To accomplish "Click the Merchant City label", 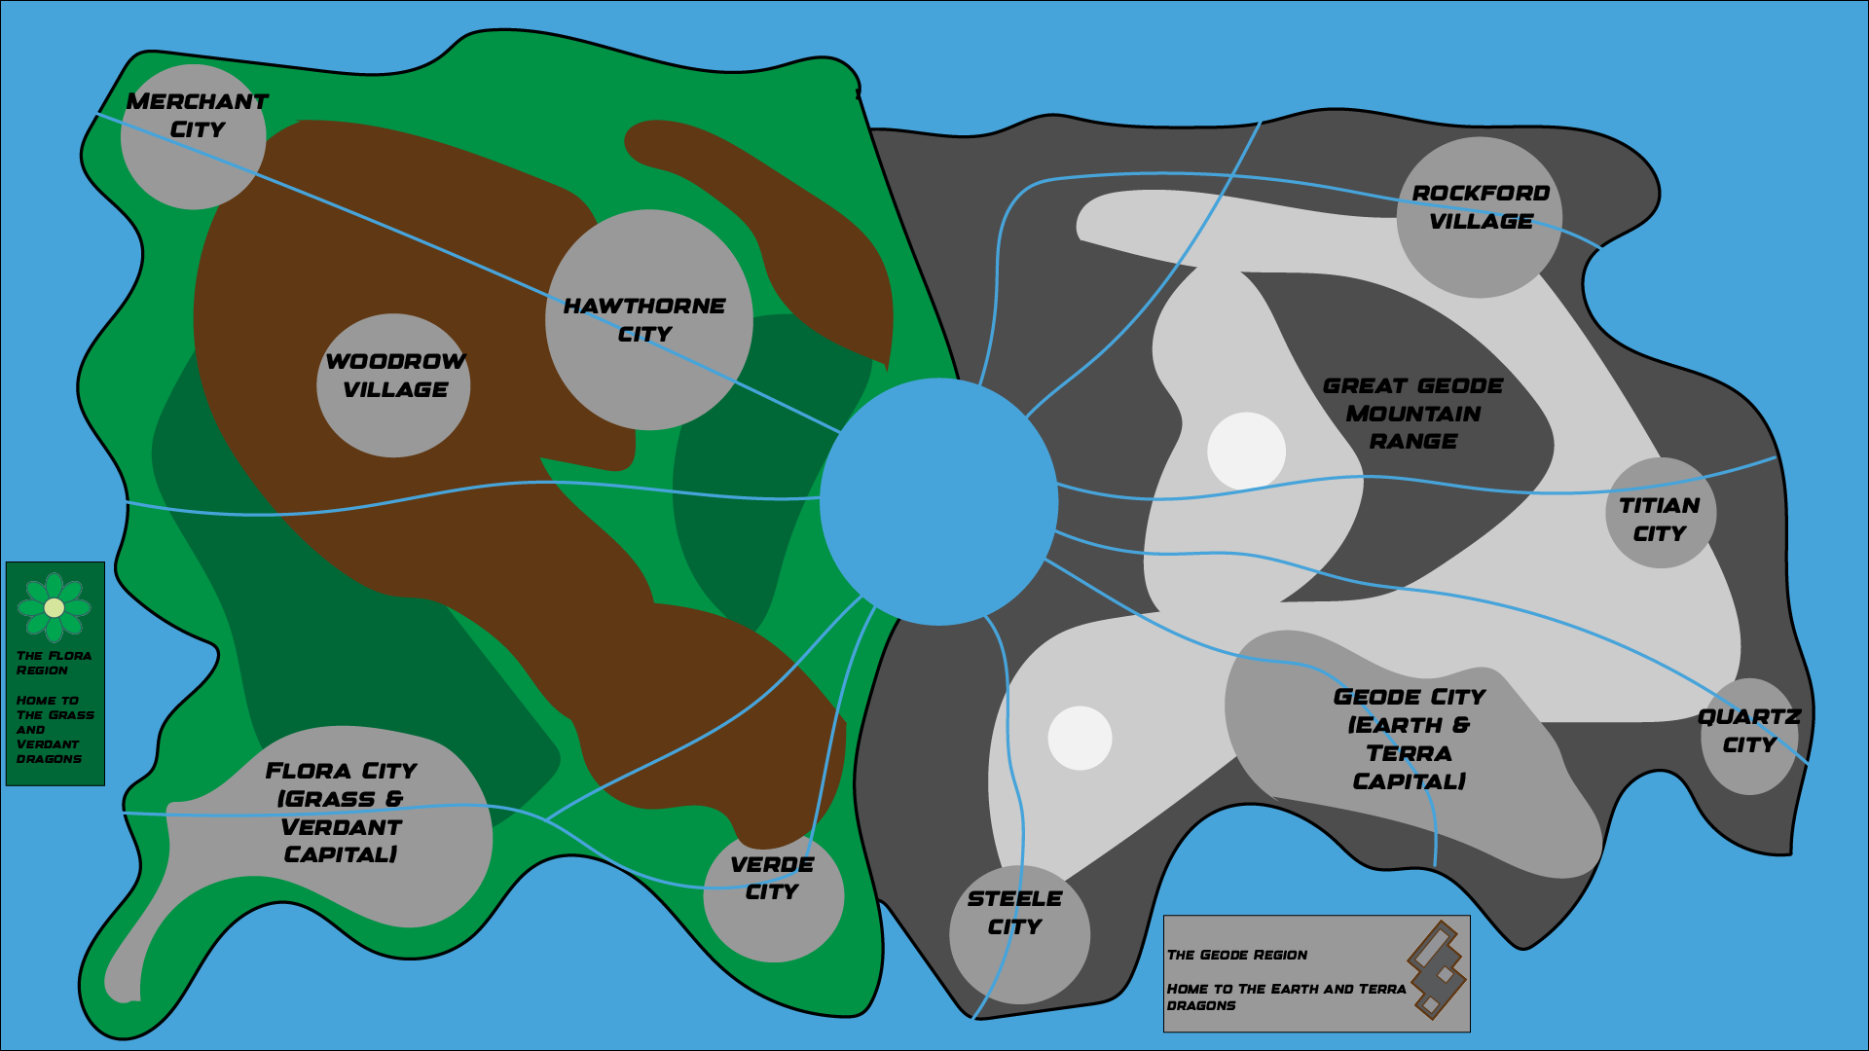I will click(197, 115).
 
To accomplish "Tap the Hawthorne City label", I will click(644, 320).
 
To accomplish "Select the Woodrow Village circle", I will click(394, 385).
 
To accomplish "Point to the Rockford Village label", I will click(1481, 207).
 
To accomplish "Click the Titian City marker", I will click(1661, 513).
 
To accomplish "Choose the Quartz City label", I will click(1749, 731).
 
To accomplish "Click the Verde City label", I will click(772, 878).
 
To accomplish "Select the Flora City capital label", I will click(341, 813).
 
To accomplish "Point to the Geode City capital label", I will click(1409, 739).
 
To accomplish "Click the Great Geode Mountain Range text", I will click(1412, 414).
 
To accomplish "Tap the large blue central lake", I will click(938, 501).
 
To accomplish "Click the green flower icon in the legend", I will click(55, 607).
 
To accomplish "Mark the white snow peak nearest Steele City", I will click(1080, 738).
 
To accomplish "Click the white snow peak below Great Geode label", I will click(1246, 451).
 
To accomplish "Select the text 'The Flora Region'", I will click(54, 663).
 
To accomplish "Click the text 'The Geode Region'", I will click(1237, 955).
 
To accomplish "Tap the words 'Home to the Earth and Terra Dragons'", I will click(1285, 997).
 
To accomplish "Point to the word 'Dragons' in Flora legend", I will click(49, 759).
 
